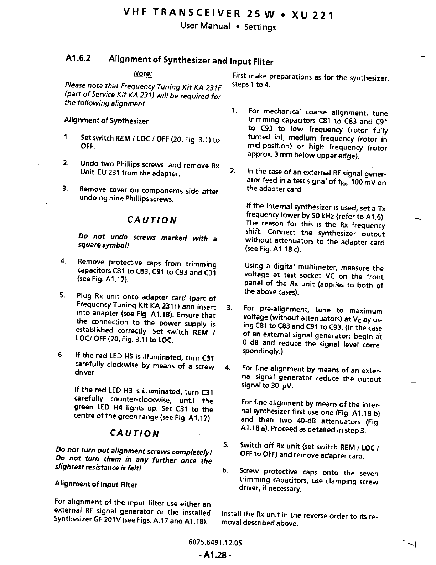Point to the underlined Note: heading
(143, 73)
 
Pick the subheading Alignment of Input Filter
(96, 484)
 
